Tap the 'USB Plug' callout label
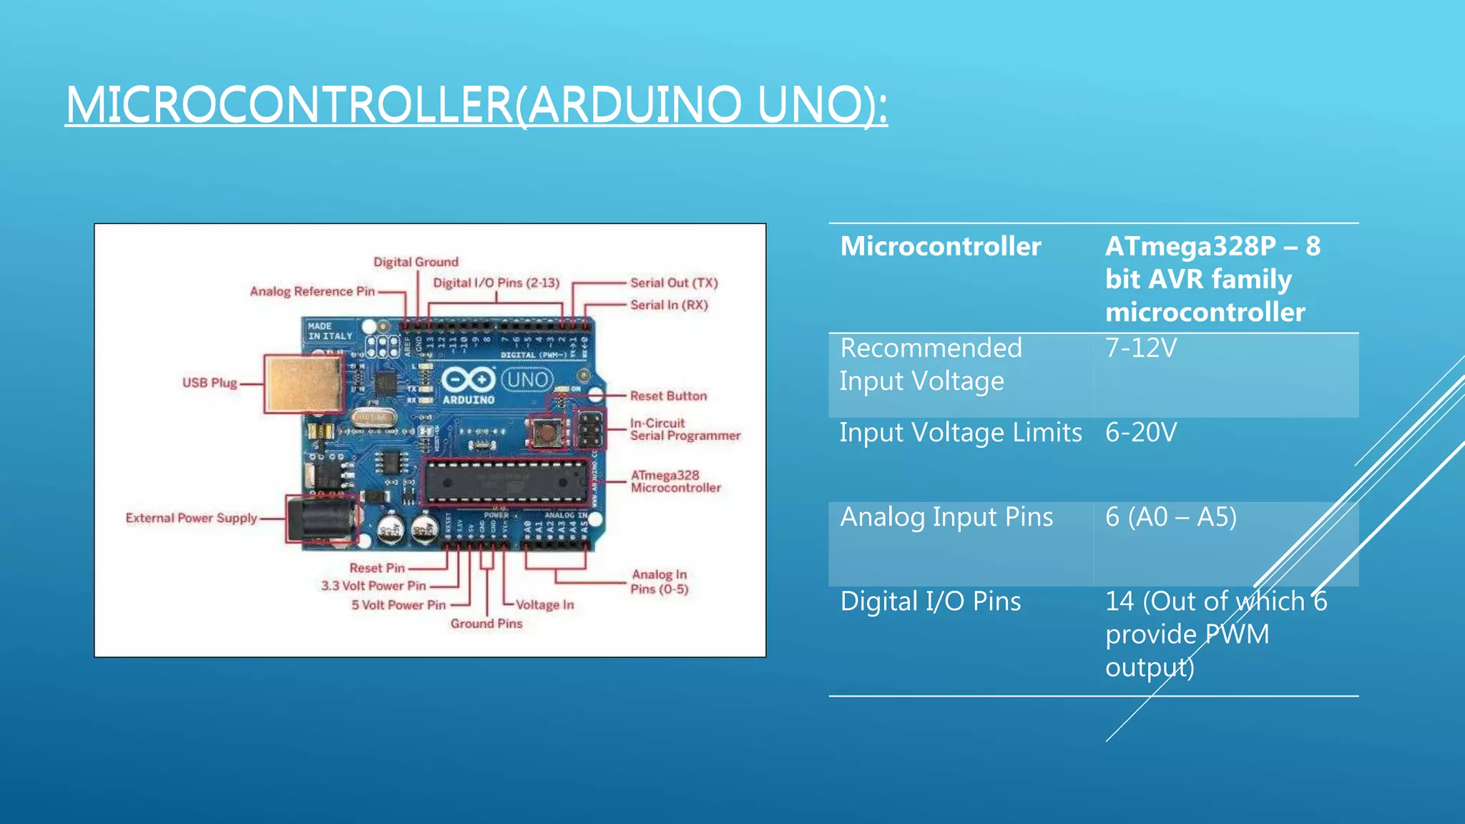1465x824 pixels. [209, 383]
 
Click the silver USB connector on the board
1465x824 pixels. [303, 383]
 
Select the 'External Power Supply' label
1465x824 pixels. [191, 518]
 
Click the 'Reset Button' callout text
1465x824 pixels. [668, 396]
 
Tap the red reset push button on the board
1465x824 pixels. [547, 432]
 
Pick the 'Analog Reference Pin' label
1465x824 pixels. [312, 291]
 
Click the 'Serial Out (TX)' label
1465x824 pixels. [673, 283]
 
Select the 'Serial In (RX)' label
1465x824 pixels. [669, 305]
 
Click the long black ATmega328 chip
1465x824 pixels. [505, 481]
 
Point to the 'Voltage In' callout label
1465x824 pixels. [544, 604]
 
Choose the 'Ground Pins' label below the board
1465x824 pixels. [486, 624]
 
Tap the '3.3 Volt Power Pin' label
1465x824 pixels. [373, 585]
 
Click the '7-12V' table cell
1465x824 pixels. [1141, 348]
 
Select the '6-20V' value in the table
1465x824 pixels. [1141, 433]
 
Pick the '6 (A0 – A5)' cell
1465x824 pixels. [1170, 517]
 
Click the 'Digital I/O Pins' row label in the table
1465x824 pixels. [930, 602]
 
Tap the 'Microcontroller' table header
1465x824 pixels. [940, 246]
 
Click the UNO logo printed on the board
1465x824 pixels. [528, 379]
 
